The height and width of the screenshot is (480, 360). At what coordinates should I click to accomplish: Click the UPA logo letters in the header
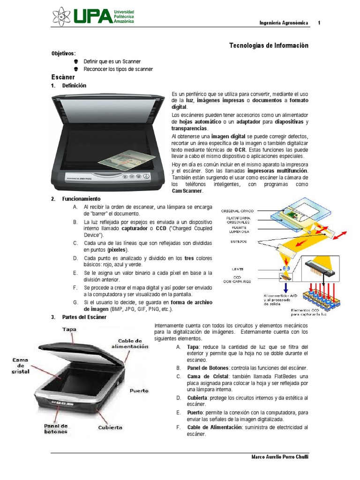coord(93,17)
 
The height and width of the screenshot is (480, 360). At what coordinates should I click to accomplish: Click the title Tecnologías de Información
coord(269,45)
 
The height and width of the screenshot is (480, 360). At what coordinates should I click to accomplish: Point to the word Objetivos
coord(63,53)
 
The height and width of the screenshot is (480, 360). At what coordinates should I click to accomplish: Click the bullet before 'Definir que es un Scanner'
coord(76,61)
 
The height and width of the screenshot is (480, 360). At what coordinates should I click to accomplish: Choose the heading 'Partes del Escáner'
coord(84,317)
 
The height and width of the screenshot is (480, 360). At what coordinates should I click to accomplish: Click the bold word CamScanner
coord(187,191)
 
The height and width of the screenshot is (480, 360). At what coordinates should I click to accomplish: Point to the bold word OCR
coord(240,150)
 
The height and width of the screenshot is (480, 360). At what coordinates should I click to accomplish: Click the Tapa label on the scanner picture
coord(69,330)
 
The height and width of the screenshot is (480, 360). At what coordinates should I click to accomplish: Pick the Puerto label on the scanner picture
coord(139,390)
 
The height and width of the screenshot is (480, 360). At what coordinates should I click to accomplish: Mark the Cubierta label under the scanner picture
coord(110,427)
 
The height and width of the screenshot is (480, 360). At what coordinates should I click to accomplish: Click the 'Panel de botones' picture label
coord(56,428)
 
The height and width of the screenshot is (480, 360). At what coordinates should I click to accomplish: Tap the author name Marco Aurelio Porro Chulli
coord(280,457)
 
